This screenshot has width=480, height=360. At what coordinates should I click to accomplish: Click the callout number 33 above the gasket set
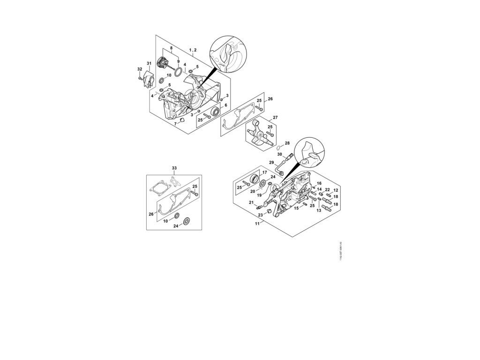tap(174, 168)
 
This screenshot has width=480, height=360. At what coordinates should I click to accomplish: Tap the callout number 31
tap(149, 63)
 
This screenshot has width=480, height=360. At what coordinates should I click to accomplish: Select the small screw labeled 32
tap(140, 78)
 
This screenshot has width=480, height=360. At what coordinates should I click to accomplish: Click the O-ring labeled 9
tap(178, 71)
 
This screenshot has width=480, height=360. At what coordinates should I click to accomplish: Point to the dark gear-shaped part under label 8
tap(165, 61)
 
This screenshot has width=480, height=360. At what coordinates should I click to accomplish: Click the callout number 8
tap(171, 48)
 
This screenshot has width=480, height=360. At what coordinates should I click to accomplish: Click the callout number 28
tap(287, 143)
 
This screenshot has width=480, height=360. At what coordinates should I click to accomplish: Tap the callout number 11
tap(257, 224)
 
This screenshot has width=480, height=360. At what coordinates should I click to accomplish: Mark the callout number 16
tap(319, 183)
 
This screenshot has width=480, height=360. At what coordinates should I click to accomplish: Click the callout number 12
tap(336, 190)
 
